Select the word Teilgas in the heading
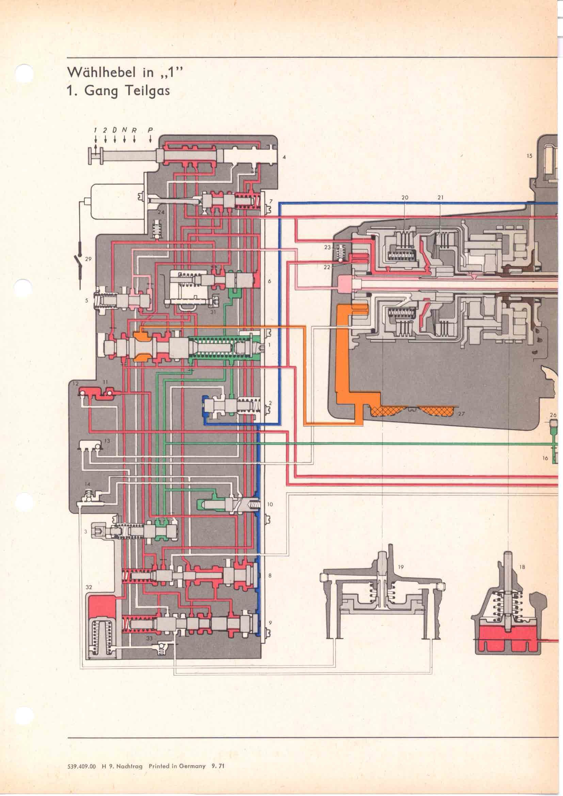coord(148,92)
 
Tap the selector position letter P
coord(150,130)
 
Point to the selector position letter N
coord(124,130)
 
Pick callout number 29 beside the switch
coord(88,259)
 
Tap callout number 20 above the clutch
coord(405,198)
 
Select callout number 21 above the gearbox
coord(440,198)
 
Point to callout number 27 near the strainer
coord(461,413)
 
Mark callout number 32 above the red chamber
coord(89,587)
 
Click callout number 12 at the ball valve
coord(76,384)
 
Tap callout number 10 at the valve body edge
coord(270,504)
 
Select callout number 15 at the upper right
coord(529,156)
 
